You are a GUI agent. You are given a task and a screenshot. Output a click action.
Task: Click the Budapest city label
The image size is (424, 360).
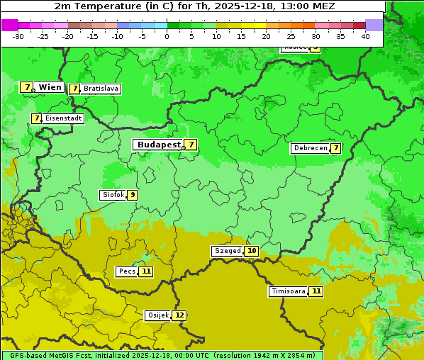click(158, 145)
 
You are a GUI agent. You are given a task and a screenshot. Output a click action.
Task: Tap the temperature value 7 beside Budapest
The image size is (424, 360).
click(190, 145)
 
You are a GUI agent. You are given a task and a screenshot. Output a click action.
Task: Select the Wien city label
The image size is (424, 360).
click(50, 87)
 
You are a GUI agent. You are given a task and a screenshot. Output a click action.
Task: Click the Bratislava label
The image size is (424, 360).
click(100, 89)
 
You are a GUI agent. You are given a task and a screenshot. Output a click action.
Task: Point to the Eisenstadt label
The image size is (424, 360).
click(63, 118)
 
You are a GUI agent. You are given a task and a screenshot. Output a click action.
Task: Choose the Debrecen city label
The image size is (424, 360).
click(310, 148)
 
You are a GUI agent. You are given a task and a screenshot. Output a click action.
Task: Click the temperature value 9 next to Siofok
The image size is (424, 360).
click(132, 195)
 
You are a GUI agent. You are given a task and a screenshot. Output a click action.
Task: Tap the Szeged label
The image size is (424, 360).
click(228, 251)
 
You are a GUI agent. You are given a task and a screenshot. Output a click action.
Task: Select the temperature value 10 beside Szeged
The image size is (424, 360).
click(252, 251)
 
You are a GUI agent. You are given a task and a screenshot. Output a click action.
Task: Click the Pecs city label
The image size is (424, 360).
click(127, 271)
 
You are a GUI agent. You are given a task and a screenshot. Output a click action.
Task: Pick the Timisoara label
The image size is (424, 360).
click(289, 291)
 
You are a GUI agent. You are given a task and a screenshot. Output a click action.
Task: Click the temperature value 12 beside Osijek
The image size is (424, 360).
click(179, 315)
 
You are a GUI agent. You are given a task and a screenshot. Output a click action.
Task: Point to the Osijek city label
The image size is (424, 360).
click(157, 315)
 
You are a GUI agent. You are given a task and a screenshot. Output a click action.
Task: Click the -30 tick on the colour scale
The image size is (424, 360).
click(18, 36)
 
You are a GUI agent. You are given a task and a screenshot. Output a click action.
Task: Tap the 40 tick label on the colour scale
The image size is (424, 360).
click(365, 36)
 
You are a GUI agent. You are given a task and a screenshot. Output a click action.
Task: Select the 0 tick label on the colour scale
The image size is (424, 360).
click(167, 36)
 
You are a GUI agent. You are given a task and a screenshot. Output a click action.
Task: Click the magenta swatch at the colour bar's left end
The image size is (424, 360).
click(9, 25)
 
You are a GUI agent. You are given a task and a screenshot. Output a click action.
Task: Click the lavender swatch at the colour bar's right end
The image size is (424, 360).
click(374, 25)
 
